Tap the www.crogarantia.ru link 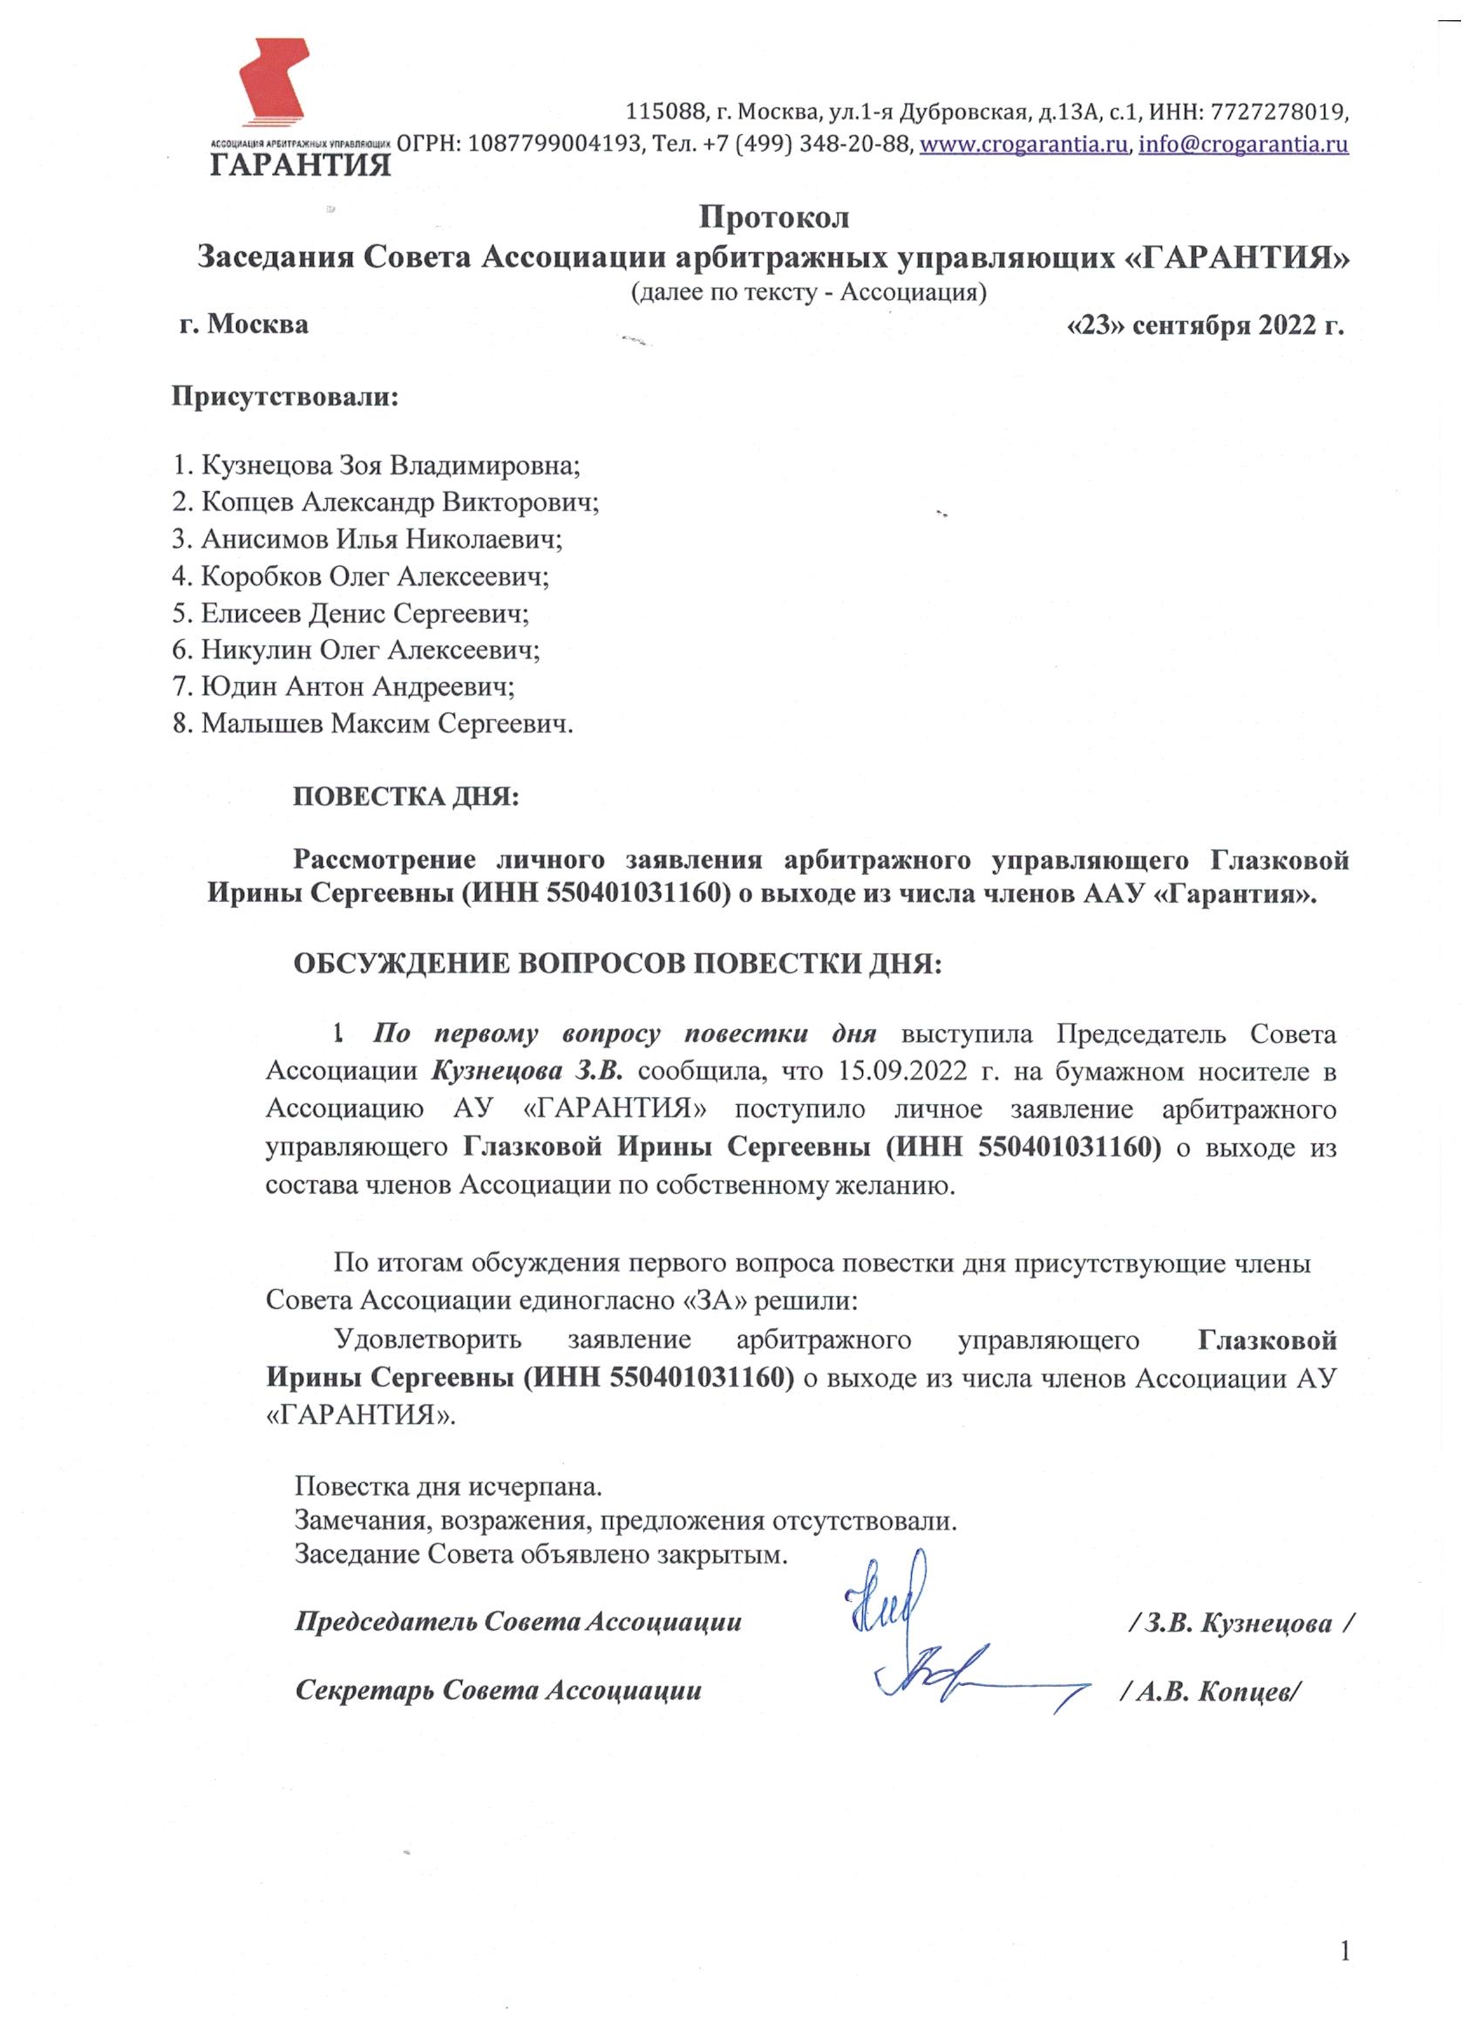[1023, 145]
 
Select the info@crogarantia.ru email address [1244, 145]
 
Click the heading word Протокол [774, 217]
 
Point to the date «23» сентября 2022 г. [1204, 324]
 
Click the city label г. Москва [242, 324]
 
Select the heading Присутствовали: [285, 397]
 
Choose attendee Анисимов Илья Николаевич [369, 540]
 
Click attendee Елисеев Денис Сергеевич [351, 613]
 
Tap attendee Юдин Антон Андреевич [344, 687]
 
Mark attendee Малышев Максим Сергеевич [373, 724]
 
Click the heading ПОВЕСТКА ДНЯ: [406, 796]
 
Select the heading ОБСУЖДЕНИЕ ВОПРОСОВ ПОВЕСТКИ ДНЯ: [618, 963]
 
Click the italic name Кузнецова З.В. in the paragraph [534, 1072]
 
